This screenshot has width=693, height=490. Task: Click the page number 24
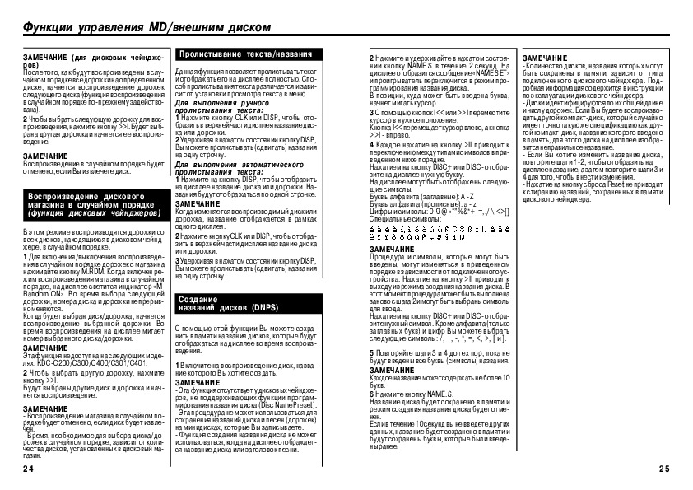click(x=27, y=469)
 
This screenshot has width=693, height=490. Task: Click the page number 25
click(x=665, y=469)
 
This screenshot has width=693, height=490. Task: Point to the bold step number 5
click(x=371, y=352)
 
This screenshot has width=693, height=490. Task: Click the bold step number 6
click(x=371, y=395)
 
